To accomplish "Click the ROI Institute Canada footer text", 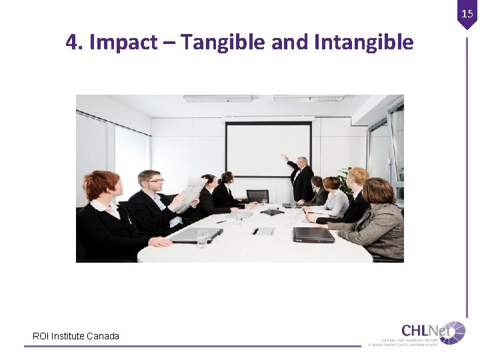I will [76, 336].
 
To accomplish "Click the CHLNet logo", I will [433, 332].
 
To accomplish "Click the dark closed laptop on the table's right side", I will [313, 234].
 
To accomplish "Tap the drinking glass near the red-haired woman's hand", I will [202, 238].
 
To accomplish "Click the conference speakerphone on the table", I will [271, 213].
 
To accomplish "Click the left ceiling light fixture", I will [218, 99].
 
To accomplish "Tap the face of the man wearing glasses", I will [150, 181].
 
